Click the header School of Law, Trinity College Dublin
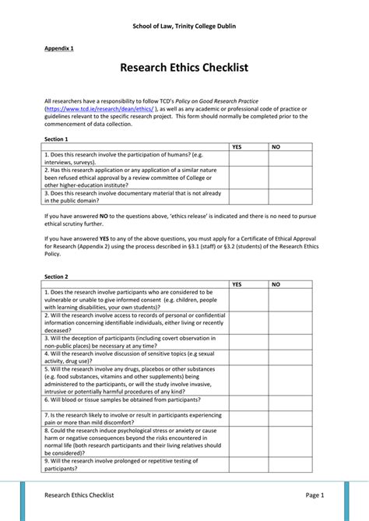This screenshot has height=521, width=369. tap(184, 26)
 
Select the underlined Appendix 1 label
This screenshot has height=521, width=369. tap(59, 48)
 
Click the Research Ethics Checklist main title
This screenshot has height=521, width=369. tap(184, 69)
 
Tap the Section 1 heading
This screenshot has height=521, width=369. tap(57, 139)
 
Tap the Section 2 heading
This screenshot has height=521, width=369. tap(57, 276)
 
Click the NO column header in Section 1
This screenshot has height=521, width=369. tap(276, 146)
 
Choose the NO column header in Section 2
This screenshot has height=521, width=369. tap(276, 284)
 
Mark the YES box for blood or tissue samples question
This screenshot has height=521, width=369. tap(248, 403)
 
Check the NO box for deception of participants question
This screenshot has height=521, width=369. tap(290, 342)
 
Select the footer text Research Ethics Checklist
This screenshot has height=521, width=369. tap(79, 495)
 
